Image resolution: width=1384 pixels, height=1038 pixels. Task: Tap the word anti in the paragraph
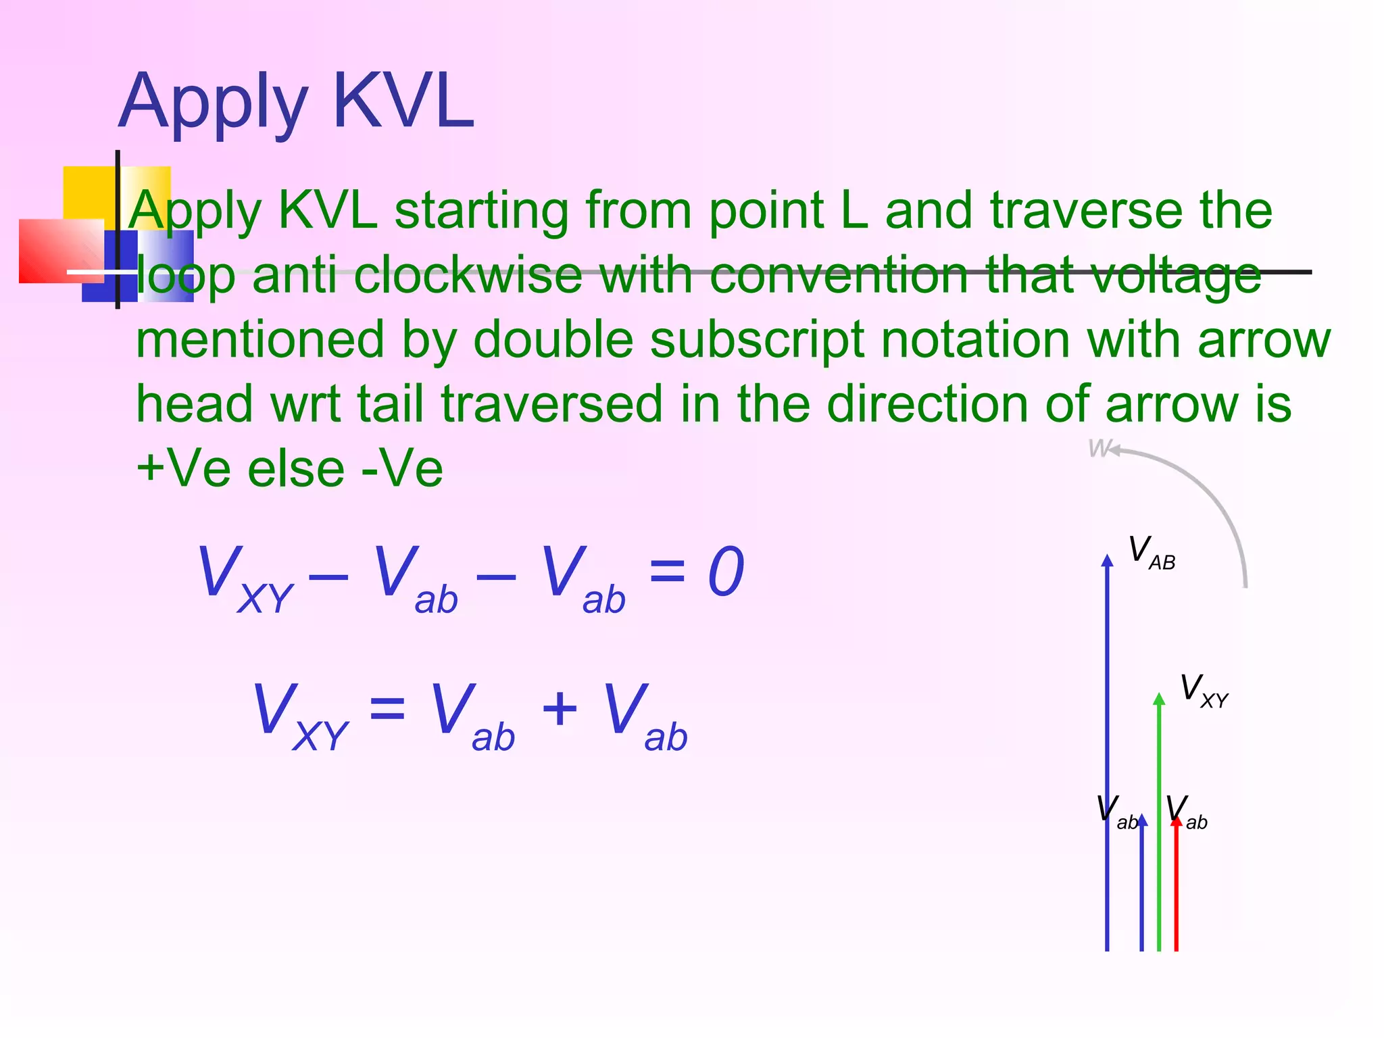point(294,276)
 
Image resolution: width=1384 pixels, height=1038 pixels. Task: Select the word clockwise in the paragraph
point(468,276)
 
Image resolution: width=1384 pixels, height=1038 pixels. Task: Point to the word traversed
point(551,404)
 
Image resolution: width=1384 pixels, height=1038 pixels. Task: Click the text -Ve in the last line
point(403,468)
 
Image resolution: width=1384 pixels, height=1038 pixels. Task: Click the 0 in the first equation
point(726,572)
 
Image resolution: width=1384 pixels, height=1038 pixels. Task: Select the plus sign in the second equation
point(560,710)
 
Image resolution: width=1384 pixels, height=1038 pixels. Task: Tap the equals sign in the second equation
point(387,710)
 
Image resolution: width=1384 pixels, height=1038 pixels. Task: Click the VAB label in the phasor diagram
point(1152,553)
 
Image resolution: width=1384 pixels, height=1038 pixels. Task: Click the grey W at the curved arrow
point(1099,448)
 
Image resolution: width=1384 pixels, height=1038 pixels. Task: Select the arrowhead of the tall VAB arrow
point(1107,560)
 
